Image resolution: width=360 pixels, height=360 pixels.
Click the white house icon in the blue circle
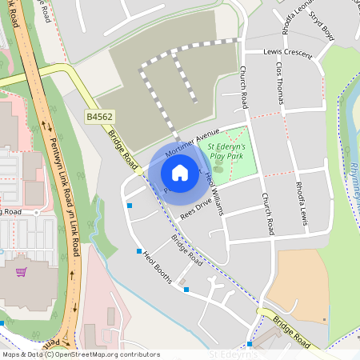(180, 173)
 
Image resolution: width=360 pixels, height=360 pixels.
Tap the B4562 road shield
(98, 117)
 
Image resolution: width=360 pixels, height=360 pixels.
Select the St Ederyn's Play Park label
(227, 152)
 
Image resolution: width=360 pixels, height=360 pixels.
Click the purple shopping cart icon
(22, 272)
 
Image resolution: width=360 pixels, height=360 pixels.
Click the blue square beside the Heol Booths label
(138, 250)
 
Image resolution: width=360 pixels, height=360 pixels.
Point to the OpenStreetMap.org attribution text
(104, 354)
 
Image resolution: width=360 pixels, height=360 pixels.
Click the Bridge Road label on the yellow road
(293, 328)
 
